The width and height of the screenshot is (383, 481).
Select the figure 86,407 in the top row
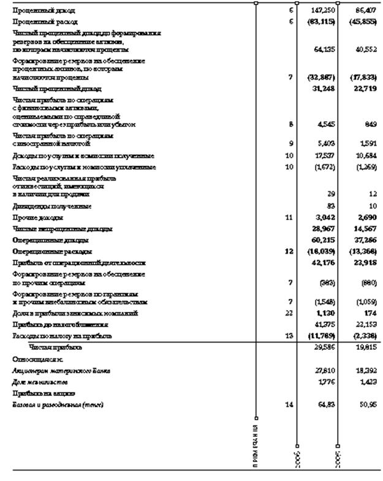coord(363,11)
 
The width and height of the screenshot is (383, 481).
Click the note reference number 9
coord(290,144)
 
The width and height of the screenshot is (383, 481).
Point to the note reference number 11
coord(290,218)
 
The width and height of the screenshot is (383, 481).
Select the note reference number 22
coord(290,313)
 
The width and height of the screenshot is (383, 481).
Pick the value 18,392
coord(365,371)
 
